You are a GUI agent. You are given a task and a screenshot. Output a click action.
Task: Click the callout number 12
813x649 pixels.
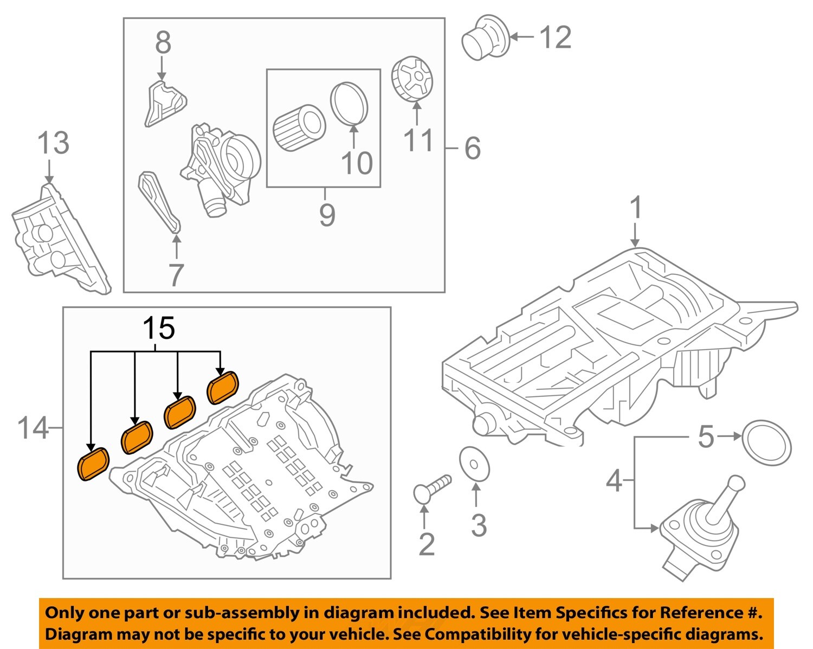(x=556, y=37)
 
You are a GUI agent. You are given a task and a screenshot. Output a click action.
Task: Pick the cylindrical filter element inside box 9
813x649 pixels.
(x=298, y=128)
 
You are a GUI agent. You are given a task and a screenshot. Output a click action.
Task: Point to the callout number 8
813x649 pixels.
(x=163, y=42)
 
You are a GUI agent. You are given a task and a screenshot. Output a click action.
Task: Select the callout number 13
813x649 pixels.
(x=53, y=143)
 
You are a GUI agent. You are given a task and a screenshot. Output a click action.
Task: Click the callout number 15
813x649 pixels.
(x=159, y=328)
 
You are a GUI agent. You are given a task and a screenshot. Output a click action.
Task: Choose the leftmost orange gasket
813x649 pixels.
(x=94, y=464)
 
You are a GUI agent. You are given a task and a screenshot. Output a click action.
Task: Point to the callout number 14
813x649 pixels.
(x=33, y=428)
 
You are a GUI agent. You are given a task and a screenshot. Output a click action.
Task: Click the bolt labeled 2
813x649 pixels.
(x=431, y=487)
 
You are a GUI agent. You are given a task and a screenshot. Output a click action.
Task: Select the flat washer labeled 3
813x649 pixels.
(x=474, y=464)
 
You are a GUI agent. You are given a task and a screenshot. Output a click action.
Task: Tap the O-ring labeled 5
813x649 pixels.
(x=766, y=442)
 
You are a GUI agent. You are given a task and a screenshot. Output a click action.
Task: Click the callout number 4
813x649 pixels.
(x=614, y=480)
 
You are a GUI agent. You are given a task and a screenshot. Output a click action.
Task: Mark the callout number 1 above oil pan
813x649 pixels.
(x=636, y=208)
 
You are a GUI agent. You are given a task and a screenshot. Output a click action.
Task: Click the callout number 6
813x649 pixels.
(x=472, y=148)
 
